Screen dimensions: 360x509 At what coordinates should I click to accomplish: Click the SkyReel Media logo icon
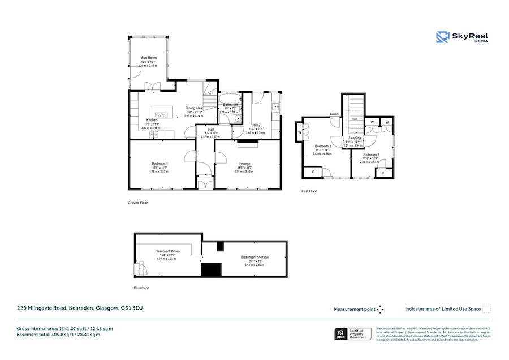tap(442, 37)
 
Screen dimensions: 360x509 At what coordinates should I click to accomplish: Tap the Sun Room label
tap(149, 58)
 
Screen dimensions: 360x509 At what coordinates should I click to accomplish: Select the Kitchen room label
tap(152, 120)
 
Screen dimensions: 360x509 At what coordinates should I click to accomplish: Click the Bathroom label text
tap(230, 105)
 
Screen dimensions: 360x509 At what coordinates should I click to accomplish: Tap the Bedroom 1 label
tap(159, 164)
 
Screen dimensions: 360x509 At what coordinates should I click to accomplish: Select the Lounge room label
tap(244, 164)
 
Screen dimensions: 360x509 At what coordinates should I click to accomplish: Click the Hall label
tap(210, 130)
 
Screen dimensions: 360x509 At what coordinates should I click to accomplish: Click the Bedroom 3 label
tap(371, 155)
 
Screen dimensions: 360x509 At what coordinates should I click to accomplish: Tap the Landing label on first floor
tap(355, 138)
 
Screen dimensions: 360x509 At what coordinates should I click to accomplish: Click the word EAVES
tap(335, 114)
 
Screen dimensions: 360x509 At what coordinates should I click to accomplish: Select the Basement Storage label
tap(255, 257)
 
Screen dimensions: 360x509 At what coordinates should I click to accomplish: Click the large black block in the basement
tap(212, 270)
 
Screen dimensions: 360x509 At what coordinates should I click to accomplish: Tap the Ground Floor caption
tap(138, 202)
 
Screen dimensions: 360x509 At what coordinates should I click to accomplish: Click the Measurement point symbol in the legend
tap(381, 309)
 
